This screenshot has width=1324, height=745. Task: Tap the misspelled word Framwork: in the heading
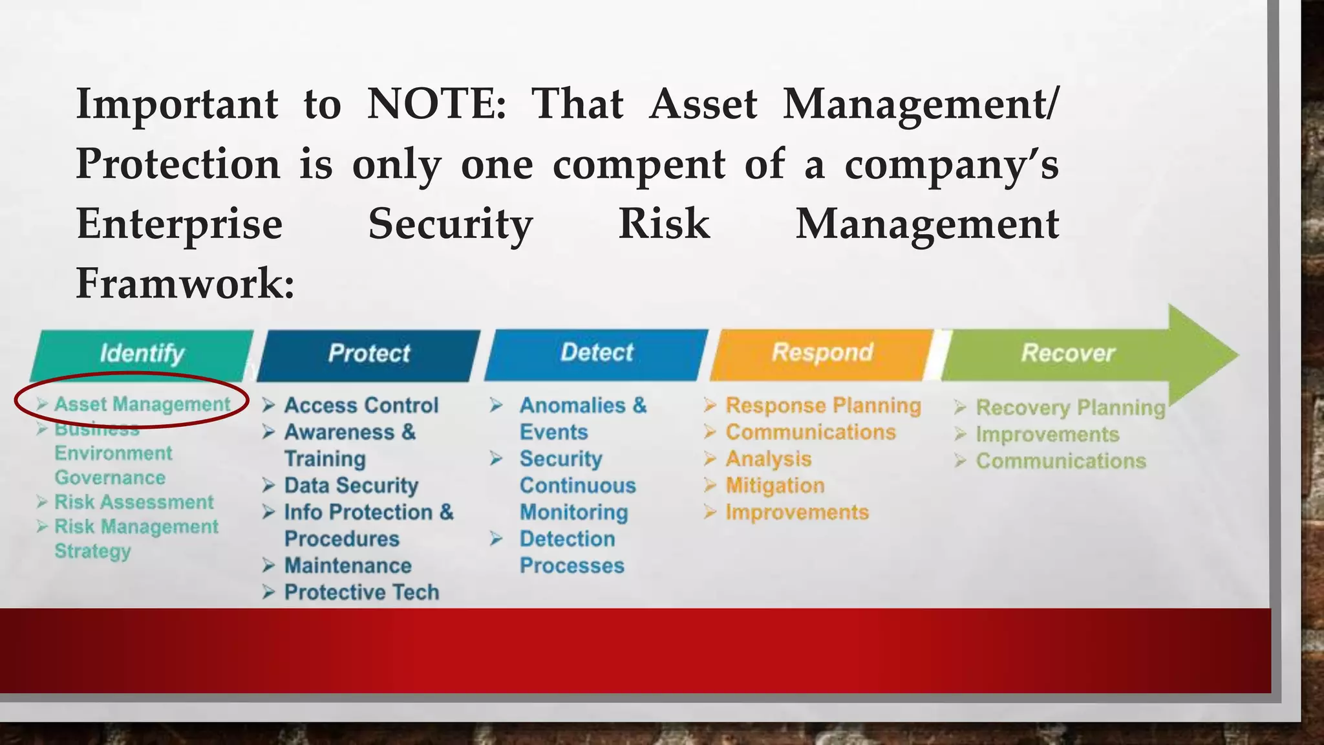click(x=185, y=283)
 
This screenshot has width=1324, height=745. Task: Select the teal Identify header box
click(x=142, y=354)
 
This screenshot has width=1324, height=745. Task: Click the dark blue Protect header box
click(x=368, y=354)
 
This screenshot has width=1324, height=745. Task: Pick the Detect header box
click(x=597, y=353)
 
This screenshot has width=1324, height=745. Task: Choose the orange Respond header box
click(x=822, y=353)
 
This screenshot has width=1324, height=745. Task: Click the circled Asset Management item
click(x=142, y=404)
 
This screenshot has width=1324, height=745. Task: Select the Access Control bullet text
click(x=361, y=405)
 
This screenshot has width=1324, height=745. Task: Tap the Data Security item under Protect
click(x=351, y=486)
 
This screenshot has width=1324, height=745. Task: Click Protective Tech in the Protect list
click(x=361, y=592)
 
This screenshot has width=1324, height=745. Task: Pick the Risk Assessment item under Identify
click(x=134, y=502)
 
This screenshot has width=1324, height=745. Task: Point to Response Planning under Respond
click(x=823, y=405)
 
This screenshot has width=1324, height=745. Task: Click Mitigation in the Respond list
click(x=775, y=486)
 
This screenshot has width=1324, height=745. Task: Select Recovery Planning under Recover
click(x=1071, y=408)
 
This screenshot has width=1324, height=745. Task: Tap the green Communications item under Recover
click(x=1061, y=461)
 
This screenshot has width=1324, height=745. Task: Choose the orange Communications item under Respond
click(x=811, y=432)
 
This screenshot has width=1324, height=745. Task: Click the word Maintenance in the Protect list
click(x=348, y=566)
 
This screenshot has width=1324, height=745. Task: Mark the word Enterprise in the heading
click(x=180, y=224)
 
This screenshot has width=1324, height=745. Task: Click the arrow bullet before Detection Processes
click(x=496, y=539)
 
